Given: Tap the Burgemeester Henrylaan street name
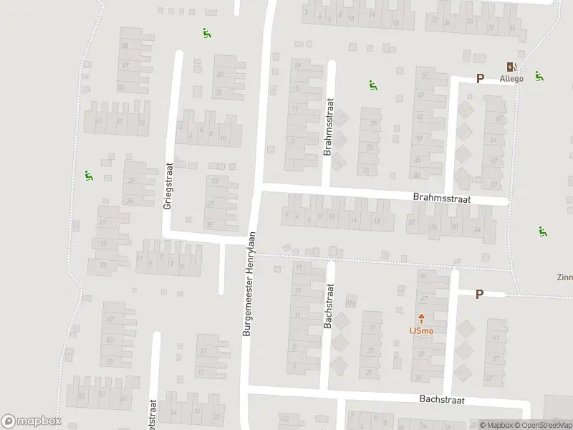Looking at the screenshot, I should tap(251, 285).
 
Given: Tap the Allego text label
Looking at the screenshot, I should tap(511, 77).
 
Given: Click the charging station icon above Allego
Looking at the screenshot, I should tap(511, 65).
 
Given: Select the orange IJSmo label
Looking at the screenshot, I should tap(420, 330).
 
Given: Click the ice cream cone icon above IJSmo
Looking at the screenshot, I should tap(420, 318).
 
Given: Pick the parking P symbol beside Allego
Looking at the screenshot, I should tap(480, 78).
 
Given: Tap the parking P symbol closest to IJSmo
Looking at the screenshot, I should tap(479, 293).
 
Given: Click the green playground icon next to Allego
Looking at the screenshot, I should tap(539, 75).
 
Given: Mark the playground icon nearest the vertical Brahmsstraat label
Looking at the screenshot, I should tap(372, 86).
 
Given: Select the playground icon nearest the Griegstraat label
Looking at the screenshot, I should tap(89, 176).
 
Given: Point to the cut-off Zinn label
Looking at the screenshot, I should tap(564, 277).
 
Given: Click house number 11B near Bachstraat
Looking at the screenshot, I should tap(351, 302).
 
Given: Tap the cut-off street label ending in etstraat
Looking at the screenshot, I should tap(152, 416).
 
